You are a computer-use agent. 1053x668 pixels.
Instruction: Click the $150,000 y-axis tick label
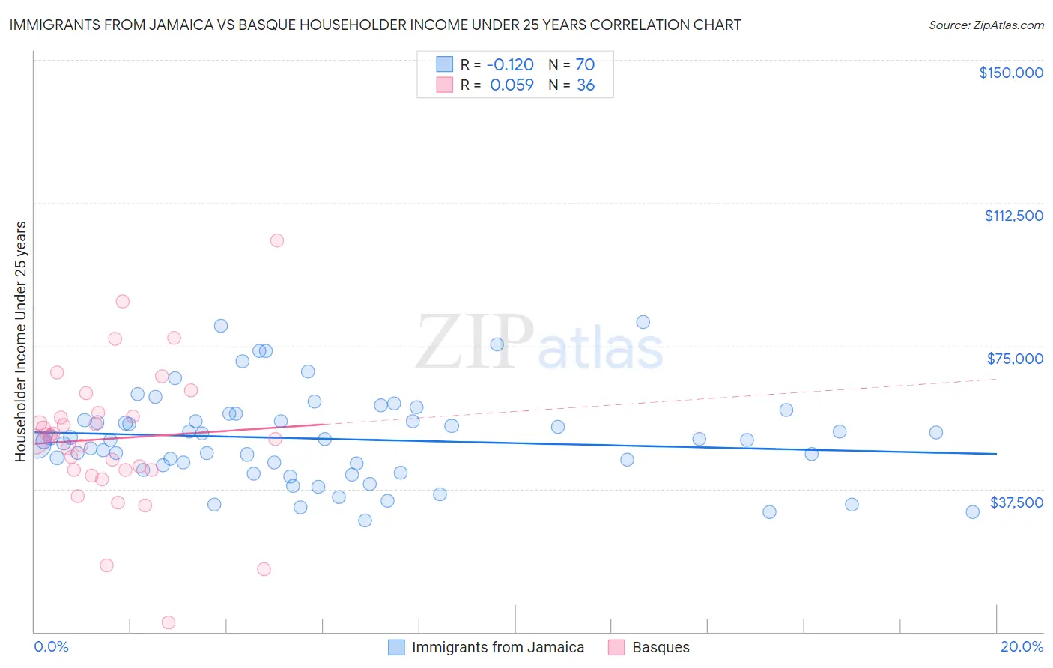click(x=1010, y=73)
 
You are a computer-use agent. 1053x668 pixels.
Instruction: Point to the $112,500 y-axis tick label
click(x=1013, y=216)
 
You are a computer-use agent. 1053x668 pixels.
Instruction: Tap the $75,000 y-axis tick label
click(x=1015, y=359)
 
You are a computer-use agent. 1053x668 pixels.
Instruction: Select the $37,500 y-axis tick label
click(x=1016, y=502)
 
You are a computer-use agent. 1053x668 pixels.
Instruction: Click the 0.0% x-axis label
click(x=51, y=647)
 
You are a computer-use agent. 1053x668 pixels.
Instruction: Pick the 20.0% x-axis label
click(x=1022, y=647)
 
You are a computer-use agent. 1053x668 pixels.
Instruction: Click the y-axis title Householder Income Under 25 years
click(x=21, y=341)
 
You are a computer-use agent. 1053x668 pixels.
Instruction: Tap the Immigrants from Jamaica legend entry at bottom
click(x=497, y=648)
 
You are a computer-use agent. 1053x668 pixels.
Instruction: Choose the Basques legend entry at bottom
click(x=660, y=648)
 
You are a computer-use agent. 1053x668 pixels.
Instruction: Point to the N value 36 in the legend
click(x=585, y=85)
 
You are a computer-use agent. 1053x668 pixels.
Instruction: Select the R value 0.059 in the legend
click(x=512, y=85)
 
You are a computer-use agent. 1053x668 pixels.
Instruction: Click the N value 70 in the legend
click(x=585, y=65)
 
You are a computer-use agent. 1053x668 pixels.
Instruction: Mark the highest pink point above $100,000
click(x=277, y=240)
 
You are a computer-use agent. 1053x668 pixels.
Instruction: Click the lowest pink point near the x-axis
click(x=169, y=622)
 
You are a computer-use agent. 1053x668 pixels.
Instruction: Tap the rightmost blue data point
click(x=972, y=512)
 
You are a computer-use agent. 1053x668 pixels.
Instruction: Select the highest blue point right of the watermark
click(x=643, y=322)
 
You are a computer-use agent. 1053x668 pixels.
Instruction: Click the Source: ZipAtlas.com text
click(x=986, y=25)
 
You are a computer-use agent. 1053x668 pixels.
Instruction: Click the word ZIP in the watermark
click(x=474, y=343)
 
